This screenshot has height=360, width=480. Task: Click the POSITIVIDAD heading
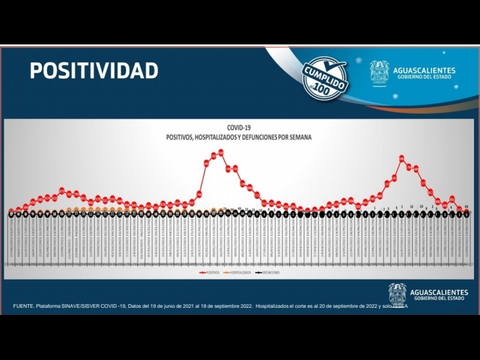(94, 70)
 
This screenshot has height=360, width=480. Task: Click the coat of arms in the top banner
(379, 73)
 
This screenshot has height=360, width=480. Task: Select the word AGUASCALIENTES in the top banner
(424, 70)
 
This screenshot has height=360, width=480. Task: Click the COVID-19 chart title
(239, 128)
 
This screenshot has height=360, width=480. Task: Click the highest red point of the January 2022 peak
(221, 152)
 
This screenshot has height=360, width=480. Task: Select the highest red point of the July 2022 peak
(402, 158)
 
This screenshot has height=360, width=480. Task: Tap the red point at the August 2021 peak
(62, 191)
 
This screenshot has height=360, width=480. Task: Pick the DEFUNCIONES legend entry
(269, 272)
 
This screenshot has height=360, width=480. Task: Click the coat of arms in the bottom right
(397, 293)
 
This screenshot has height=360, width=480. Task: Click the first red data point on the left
(11, 211)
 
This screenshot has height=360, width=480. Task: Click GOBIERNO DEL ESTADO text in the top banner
(424, 78)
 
